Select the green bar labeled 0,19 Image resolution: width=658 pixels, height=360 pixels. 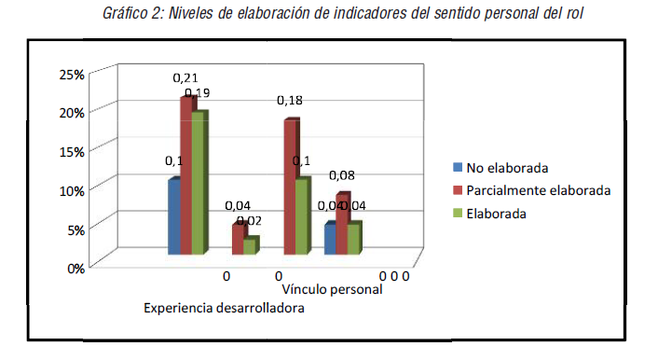199,183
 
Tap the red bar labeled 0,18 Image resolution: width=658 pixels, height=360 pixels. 290,187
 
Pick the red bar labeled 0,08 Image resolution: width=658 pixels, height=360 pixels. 342,224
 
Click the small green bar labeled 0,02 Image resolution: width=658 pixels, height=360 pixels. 250,246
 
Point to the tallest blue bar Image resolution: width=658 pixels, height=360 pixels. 173,216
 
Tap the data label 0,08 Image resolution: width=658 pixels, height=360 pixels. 342,174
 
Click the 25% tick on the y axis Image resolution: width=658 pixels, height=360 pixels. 72,73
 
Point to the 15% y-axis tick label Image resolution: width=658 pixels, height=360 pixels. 72,150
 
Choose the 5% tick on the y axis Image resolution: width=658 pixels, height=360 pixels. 75,228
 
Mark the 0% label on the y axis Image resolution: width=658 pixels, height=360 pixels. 75,268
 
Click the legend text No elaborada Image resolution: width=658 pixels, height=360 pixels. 507,168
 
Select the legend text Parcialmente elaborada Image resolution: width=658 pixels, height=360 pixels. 539,190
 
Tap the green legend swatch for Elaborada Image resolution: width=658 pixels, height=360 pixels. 458,213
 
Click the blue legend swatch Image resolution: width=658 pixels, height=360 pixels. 458,168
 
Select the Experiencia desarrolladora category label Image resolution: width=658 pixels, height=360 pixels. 224,308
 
